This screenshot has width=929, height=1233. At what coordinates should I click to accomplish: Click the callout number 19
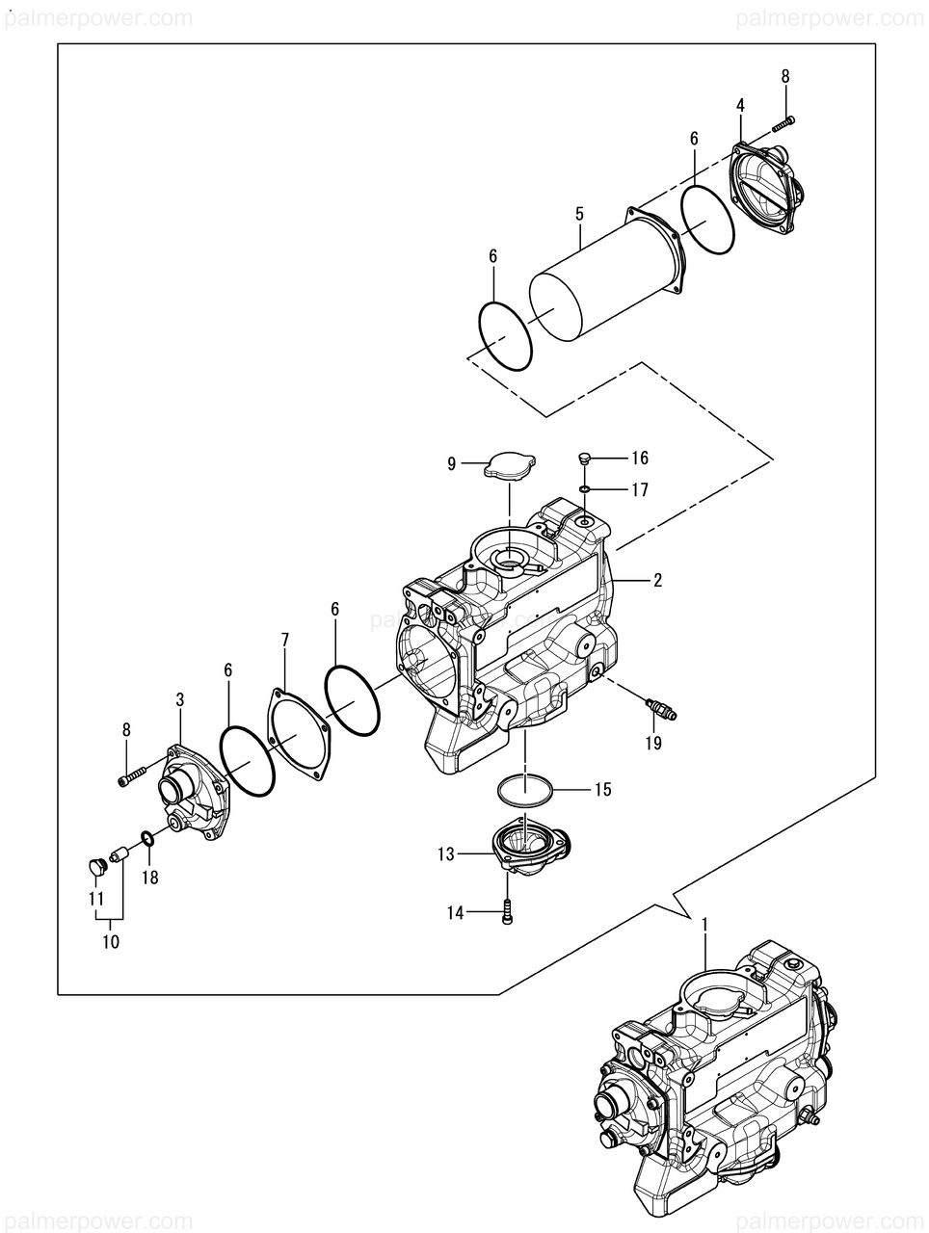click(653, 743)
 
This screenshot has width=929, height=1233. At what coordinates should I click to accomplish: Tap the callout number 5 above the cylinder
click(579, 214)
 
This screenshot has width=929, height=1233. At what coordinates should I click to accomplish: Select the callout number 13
click(445, 854)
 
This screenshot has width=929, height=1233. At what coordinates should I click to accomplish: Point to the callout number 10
click(111, 941)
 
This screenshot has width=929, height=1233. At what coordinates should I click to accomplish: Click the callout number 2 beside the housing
click(657, 580)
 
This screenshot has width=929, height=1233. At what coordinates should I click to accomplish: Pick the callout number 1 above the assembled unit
click(705, 925)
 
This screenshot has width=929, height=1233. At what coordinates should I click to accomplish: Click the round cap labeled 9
click(510, 465)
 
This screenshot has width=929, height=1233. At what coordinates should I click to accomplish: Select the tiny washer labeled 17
click(585, 490)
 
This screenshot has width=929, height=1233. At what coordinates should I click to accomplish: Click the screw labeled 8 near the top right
click(784, 123)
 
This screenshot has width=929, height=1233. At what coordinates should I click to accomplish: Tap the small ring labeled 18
click(148, 839)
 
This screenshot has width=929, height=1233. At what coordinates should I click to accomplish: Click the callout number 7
click(284, 640)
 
